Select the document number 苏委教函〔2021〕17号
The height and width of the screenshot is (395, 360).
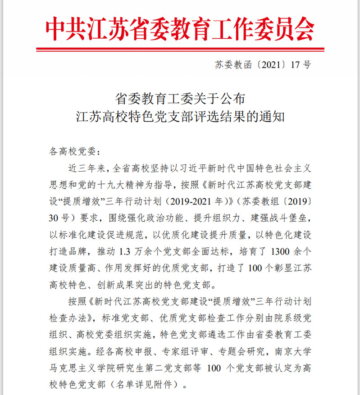[263, 65]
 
